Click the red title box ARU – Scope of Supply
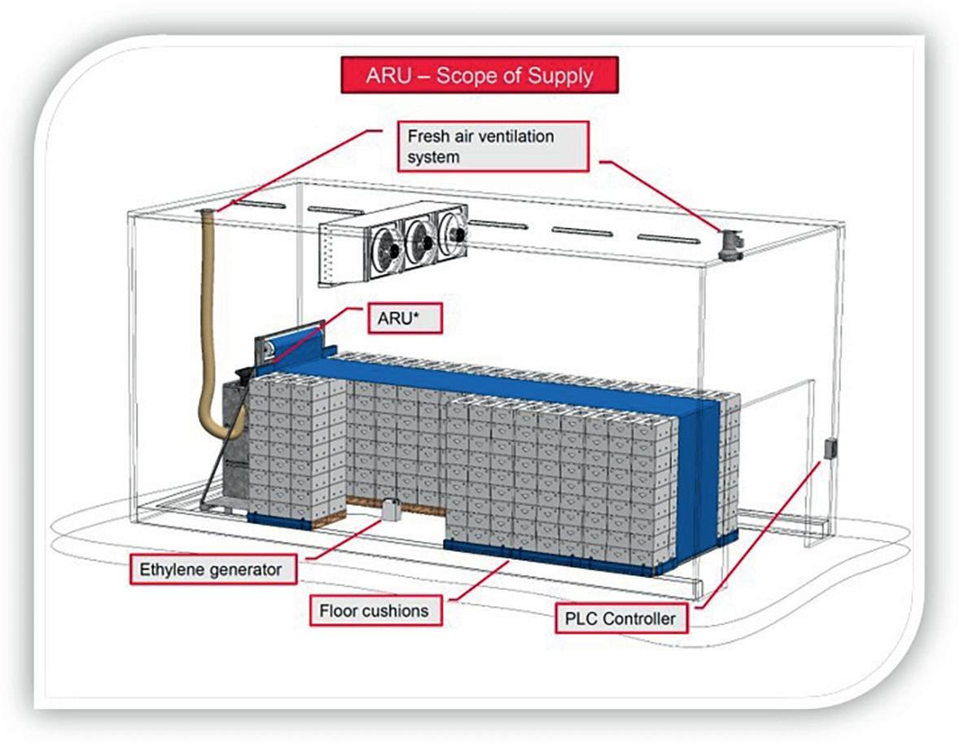479,76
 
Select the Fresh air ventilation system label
493,146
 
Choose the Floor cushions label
375,610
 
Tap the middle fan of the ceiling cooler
420,236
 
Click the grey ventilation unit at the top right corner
730,245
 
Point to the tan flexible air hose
208,326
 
